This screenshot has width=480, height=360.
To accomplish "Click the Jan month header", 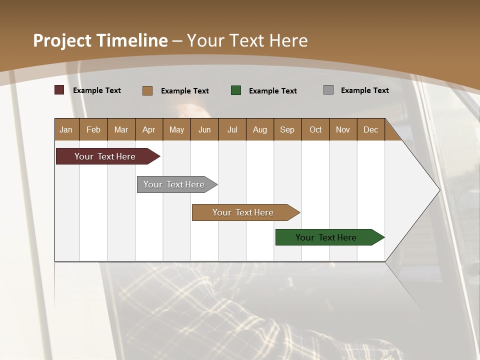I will [66, 129].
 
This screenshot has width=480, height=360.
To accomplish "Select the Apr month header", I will [148, 129].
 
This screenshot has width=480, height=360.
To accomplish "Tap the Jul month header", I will [232, 129].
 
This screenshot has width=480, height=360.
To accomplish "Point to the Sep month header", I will [287, 129].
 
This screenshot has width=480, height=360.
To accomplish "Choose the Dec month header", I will [370, 129].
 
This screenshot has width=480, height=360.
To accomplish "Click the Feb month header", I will [93, 129].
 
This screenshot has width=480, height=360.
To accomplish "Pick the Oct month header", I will [315, 129].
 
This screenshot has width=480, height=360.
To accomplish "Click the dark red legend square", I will [59, 90].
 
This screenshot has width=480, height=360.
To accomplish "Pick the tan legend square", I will [147, 90].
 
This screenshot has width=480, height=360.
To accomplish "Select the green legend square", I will [236, 90].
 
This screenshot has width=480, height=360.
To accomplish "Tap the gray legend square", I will [328, 90].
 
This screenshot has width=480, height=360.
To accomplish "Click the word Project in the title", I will [62, 40].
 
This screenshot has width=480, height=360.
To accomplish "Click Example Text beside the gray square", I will [364, 90].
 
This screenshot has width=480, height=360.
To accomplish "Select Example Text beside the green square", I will [272, 91].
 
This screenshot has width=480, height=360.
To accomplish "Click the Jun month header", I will [204, 129].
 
